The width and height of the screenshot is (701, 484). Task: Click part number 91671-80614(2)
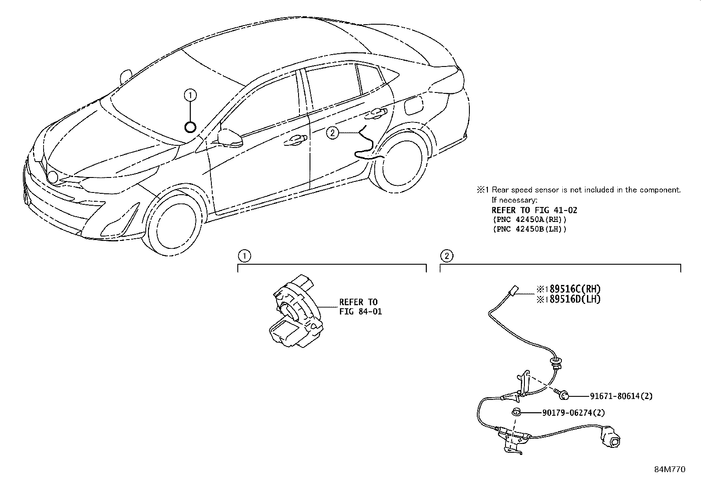click(x=621, y=396)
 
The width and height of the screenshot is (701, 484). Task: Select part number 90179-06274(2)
click(x=573, y=413)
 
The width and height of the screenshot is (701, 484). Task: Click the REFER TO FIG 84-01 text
click(x=360, y=307)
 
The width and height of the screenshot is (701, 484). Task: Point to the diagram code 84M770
click(x=669, y=469)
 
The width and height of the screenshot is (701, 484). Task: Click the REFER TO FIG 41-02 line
click(x=534, y=210)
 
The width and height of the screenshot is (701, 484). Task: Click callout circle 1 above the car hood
click(x=190, y=95)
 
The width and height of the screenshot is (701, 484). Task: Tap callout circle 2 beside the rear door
click(x=332, y=133)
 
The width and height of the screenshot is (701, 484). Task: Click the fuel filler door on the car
click(x=413, y=107)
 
